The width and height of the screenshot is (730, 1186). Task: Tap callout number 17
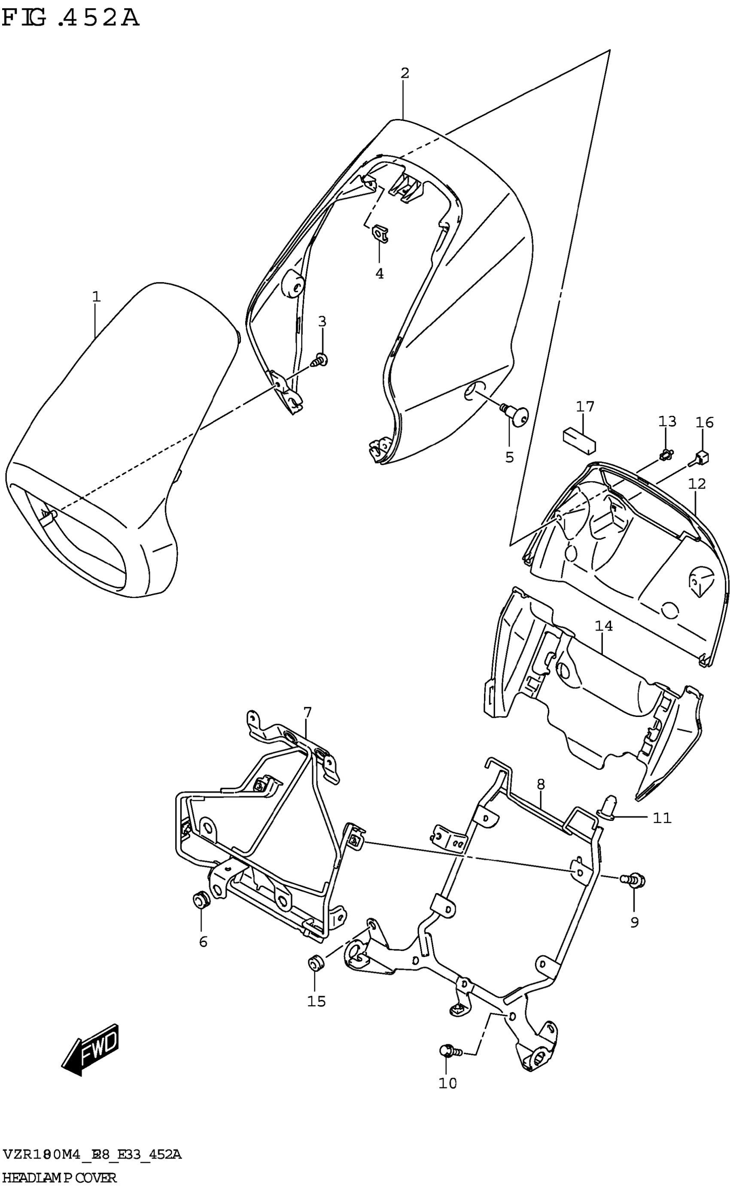[x=585, y=407]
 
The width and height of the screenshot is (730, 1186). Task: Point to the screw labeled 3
[x=320, y=360]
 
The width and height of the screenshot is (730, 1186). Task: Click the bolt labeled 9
[x=633, y=880]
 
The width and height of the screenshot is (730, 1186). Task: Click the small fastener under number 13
[x=666, y=454]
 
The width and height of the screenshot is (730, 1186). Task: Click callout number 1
[x=96, y=296]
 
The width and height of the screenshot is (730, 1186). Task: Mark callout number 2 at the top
[x=405, y=73]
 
